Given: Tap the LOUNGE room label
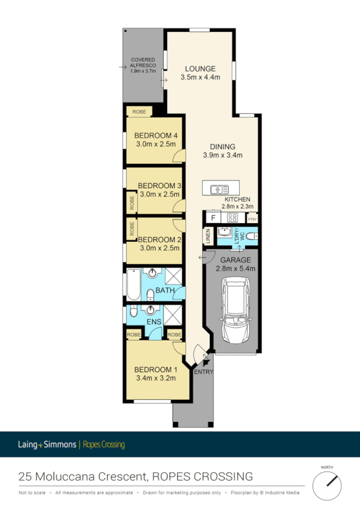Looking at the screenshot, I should pyautogui.click(x=200, y=68).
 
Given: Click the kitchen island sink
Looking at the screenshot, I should pyautogui.click(x=216, y=189).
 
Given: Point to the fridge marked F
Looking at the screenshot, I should pyautogui.click(x=213, y=218).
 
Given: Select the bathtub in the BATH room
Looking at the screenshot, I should pyautogui.click(x=133, y=284).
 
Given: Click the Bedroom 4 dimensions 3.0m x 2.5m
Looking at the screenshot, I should pyautogui.click(x=156, y=144).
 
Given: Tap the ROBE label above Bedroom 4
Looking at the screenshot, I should pyautogui.click(x=139, y=112).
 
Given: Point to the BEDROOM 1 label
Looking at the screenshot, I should pyautogui.click(x=156, y=369).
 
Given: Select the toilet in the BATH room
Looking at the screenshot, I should pyautogui.click(x=151, y=294).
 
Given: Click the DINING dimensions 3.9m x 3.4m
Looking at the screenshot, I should pyautogui.click(x=222, y=155).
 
